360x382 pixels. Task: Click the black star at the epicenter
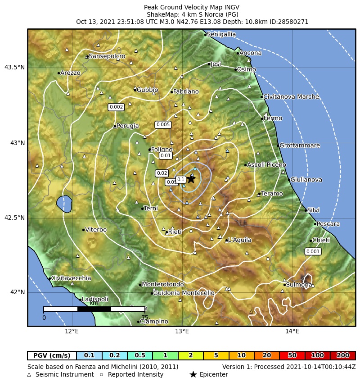tap(191, 179)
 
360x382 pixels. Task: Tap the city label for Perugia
tap(127, 126)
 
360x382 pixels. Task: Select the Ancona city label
tap(250, 53)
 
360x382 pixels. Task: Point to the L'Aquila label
tap(239, 240)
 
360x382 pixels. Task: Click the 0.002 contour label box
tap(116, 107)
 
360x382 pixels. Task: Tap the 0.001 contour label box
tap(313, 251)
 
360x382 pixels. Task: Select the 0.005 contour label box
tap(163, 124)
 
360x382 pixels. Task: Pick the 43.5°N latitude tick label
tap(14, 68)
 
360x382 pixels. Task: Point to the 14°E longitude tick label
tap(292, 332)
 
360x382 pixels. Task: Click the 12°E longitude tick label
tap(72, 332)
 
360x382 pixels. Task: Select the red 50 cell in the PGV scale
tap(292, 355)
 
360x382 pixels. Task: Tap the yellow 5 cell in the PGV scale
tap(216, 355)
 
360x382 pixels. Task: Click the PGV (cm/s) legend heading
tap(52, 355)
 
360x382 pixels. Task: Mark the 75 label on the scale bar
tap(144, 318)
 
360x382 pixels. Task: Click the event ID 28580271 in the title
tap(292, 22)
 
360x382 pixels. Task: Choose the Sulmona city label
tap(299, 285)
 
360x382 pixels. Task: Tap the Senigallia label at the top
tap(221, 34)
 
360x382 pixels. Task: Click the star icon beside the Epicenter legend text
tap(193, 374)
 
